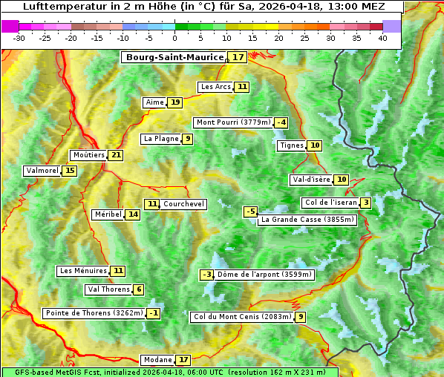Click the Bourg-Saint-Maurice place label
(174, 57)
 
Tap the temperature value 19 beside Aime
(174, 102)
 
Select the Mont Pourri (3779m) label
(232, 122)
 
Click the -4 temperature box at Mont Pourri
(281, 122)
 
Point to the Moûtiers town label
(88, 155)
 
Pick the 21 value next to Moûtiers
(116, 155)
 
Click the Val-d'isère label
(310, 180)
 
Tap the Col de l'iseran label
(330, 203)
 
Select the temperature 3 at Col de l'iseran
(366, 203)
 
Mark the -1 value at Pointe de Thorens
(154, 313)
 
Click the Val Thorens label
(108, 289)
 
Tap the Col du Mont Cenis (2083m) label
(241, 317)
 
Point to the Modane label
(157, 360)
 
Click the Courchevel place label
(183, 204)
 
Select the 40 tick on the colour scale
(382, 38)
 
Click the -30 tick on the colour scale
(19, 38)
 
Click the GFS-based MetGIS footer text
(169, 372)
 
